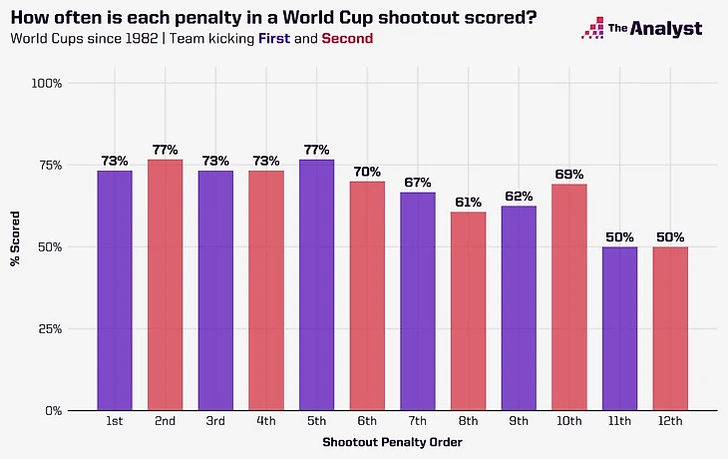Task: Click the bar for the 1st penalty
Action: tap(115, 289)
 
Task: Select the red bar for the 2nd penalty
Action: tap(165, 284)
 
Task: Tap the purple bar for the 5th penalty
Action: tap(316, 284)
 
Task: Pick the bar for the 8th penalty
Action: tap(468, 310)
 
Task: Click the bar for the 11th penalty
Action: tap(619, 328)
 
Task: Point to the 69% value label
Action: tap(568, 176)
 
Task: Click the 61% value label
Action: tap(468, 203)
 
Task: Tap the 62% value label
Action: tap(519, 197)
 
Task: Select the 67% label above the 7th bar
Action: tap(417, 184)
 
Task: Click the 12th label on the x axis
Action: tap(670, 422)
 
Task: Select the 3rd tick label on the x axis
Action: tap(215, 422)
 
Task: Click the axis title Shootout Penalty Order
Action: tap(392, 441)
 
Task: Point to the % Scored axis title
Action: tap(15, 246)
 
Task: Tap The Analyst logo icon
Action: tap(592, 28)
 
